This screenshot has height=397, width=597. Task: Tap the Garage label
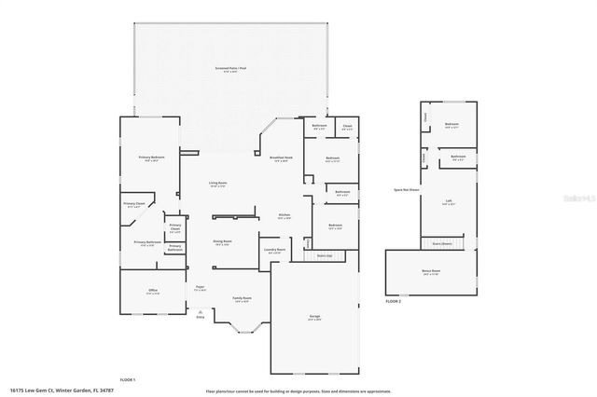pos(315,318)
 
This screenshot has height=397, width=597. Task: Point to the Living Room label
pos(218,184)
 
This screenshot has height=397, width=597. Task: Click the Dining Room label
pos(222,241)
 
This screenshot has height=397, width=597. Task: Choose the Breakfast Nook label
pos(283,157)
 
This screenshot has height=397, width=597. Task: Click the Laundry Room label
pos(273,251)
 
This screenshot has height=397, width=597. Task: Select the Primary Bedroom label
pos(152,158)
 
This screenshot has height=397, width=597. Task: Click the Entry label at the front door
pos(200,317)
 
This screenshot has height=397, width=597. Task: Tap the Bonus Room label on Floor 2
pos(431,272)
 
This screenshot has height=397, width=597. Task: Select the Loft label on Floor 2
pos(450,201)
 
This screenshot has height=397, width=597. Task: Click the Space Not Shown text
pos(407,189)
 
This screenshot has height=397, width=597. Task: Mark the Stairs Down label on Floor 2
pos(441,242)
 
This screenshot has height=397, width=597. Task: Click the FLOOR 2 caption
pos(393,302)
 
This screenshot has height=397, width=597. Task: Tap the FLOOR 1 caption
pos(127,379)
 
